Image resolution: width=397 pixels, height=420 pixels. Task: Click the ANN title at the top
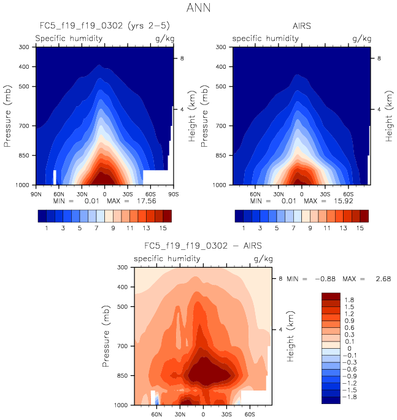198,9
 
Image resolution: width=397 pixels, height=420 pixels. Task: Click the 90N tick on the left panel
36,193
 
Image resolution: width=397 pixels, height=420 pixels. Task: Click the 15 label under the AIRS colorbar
361,228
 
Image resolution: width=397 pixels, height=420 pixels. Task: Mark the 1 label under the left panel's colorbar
47,228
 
